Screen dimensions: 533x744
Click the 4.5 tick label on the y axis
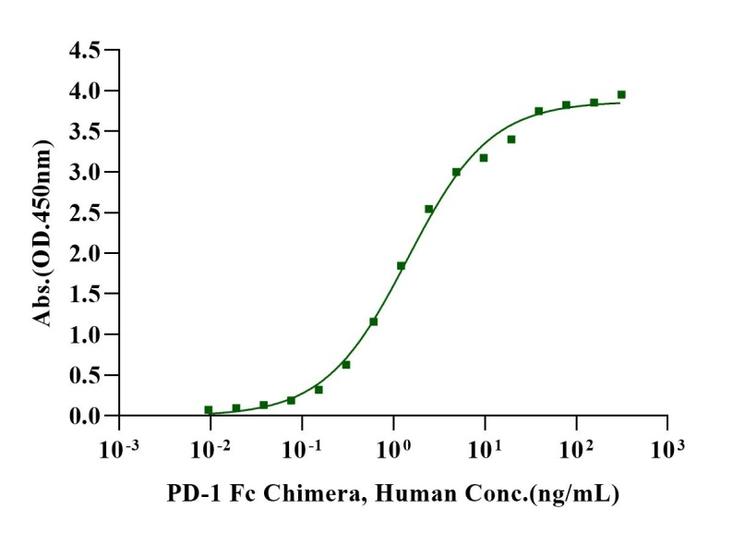tap(85, 50)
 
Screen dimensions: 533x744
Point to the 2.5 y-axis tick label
tap(85, 212)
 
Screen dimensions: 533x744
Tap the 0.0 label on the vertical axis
tap(85, 416)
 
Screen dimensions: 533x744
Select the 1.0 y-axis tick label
tap(85, 334)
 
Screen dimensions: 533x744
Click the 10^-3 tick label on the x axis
tap(119, 450)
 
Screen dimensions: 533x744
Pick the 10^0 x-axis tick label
tap(394, 450)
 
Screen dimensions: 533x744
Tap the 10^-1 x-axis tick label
tap(303, 450)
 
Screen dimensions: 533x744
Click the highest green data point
tap(621, 94)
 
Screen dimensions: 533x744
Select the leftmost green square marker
tap(209, 410)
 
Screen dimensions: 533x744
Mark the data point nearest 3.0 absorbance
tap(456, 172)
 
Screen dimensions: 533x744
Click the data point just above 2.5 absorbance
tap(428, 209)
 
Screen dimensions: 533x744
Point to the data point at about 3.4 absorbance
tap(511, 139)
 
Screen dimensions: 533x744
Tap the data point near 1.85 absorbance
tap(401, 265)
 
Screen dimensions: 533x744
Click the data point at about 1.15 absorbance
tap(374, 321)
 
